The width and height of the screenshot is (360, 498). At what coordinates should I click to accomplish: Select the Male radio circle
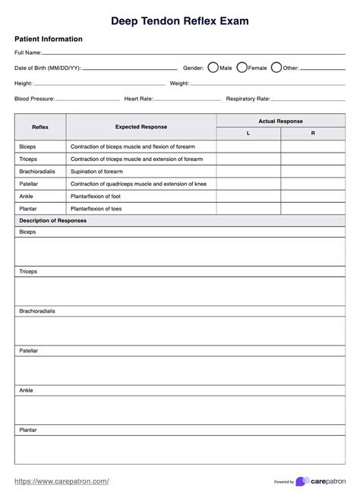point(213,68)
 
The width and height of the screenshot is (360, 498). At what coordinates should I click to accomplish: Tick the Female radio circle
point(242,68)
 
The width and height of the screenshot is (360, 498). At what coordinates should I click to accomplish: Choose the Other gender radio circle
point(276,68)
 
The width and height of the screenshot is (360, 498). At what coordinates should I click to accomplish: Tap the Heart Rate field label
point(139,99)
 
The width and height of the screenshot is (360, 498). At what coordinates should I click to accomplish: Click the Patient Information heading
point(49,39)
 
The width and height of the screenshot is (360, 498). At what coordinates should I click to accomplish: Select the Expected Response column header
point(141,127)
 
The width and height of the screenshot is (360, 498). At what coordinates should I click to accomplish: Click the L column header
point(248,134)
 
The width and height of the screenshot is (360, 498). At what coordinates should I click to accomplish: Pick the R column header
point(313,134)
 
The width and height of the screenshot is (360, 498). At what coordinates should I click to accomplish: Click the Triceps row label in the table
point(28,159)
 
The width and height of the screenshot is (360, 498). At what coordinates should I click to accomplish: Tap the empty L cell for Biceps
point(248,147)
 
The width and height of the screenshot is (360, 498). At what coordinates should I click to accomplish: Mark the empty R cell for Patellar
point(313,184)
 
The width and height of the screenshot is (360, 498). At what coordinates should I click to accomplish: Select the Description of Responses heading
point(52,220)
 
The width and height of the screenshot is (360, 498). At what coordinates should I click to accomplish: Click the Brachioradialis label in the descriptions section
point(37,311)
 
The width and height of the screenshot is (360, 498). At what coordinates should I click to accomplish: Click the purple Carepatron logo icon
point(302,481)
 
